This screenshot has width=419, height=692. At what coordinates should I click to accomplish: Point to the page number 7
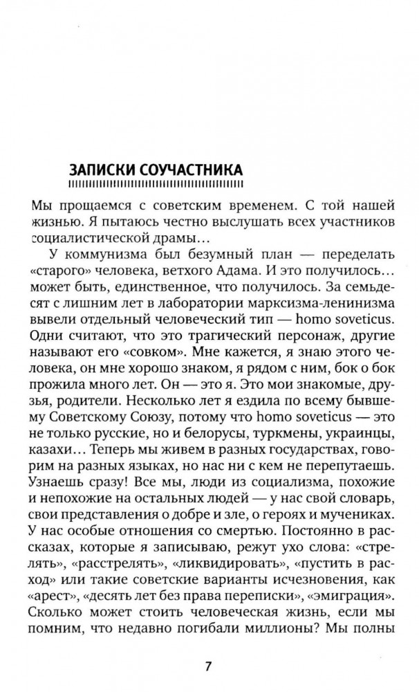(208, 667)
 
